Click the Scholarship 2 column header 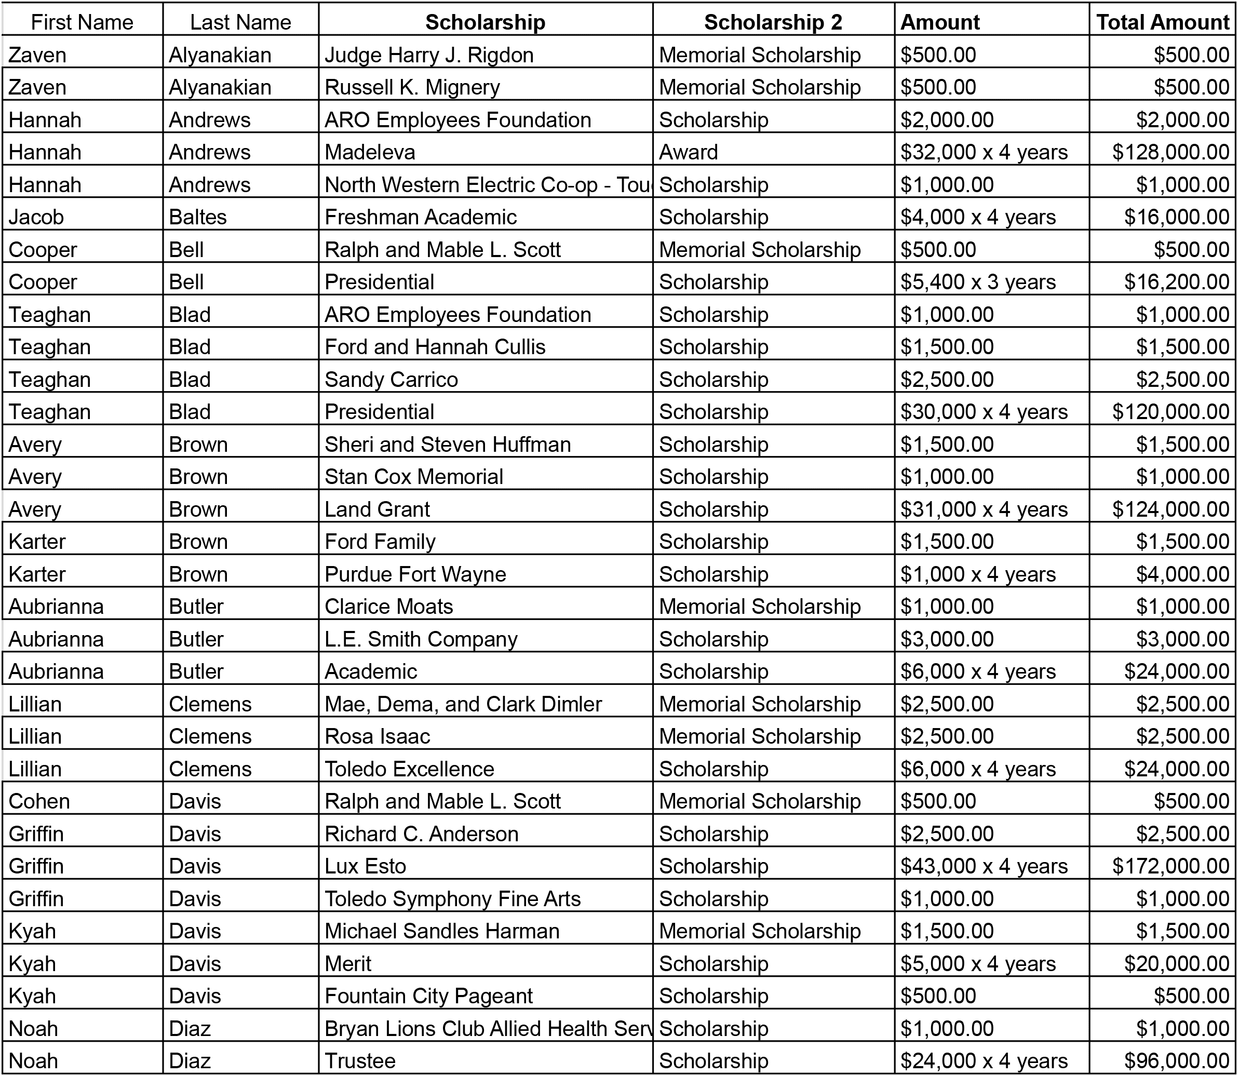773,22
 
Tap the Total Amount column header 1162,22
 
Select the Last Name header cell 240,22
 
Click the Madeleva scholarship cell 370,152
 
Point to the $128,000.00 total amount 1170,152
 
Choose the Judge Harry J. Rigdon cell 428,55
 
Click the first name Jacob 36,217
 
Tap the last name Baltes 197,217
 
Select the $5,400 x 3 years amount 977,281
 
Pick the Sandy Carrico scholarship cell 391,380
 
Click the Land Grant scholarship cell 377,509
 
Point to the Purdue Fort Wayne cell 415,574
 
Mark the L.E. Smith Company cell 420,639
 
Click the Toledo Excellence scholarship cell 409,769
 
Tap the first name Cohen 39,801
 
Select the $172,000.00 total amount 1170,866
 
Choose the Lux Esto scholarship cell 365,866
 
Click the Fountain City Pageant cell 428,996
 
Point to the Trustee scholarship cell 360,1060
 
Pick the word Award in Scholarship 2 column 688,152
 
